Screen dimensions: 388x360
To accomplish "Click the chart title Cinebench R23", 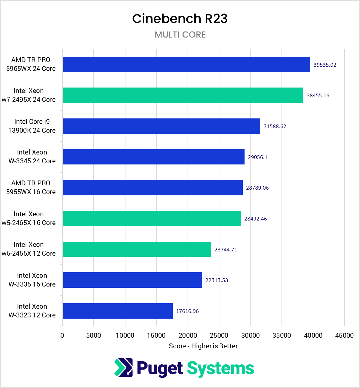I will pos(180,19).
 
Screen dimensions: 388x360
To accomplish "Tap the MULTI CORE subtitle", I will pos(180,35).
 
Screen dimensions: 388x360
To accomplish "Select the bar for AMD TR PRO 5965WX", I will pos(186,65).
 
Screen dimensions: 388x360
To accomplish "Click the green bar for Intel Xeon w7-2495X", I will pos(183,95).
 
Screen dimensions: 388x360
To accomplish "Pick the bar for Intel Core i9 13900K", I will pos(161,126).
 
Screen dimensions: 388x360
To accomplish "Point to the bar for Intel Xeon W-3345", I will pos(153,157).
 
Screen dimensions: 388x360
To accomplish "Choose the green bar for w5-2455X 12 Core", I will pos(137,249).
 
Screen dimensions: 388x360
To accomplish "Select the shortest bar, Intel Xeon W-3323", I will pos(118,311).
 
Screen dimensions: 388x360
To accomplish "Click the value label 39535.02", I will pos(325,65).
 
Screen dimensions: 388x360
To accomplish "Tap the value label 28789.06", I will pos(257,188).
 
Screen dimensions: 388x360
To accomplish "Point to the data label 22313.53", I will pos(217,280).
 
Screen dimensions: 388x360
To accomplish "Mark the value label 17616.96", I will pos(187,311).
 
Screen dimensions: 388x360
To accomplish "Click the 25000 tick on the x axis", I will pos(219,335).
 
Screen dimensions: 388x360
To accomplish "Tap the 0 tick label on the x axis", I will pos(62,335).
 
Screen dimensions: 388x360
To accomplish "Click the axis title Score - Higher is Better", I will pos(203,346).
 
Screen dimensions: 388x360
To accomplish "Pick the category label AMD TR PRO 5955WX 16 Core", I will pos(31,187).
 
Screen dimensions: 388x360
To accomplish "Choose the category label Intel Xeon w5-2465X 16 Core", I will pos(29,218).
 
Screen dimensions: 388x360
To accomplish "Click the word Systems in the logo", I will pos(220,369).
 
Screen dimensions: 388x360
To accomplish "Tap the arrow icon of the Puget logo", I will pos(123,368).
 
